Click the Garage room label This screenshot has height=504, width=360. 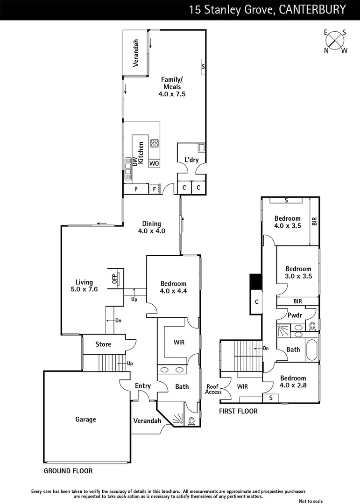85,420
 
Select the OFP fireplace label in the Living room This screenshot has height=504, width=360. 114,279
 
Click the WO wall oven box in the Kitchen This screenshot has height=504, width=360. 154,163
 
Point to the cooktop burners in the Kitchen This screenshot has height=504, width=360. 154,144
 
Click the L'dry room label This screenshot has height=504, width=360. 191,160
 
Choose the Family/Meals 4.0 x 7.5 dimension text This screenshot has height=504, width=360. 172,94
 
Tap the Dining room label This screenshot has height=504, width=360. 152,224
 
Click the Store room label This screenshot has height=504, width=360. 103,344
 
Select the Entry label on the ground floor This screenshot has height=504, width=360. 143,386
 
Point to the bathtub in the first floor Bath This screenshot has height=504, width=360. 312,350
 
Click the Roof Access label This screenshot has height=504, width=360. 213,389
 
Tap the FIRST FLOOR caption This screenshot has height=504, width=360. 238,411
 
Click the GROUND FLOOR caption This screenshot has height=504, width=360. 68,471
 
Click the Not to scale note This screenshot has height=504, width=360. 311,501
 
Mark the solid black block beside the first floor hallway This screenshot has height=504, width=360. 255,281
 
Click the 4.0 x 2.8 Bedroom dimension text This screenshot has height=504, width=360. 293,385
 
